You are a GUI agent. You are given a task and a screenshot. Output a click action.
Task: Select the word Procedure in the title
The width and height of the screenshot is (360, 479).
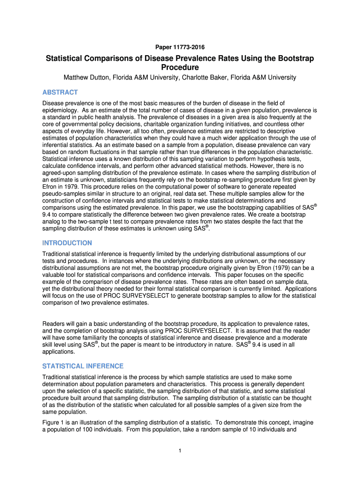pyautogui.click(x=180, y=67)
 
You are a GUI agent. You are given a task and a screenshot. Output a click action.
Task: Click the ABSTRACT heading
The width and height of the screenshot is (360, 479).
pyautogui.click(x=60, y=92)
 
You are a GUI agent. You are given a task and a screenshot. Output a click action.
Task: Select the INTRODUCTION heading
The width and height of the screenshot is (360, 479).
pyautogui.click(x=67, y=243)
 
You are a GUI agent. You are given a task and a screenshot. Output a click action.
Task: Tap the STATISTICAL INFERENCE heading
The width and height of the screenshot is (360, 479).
pyautogui.click(x=82, y=366)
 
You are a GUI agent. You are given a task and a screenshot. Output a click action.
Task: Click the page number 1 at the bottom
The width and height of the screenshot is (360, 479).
pyautogui.click(x=180, y=450)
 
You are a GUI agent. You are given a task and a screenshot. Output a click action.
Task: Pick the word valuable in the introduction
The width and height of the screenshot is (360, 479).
pyautogui.click(x=55, y=275)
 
